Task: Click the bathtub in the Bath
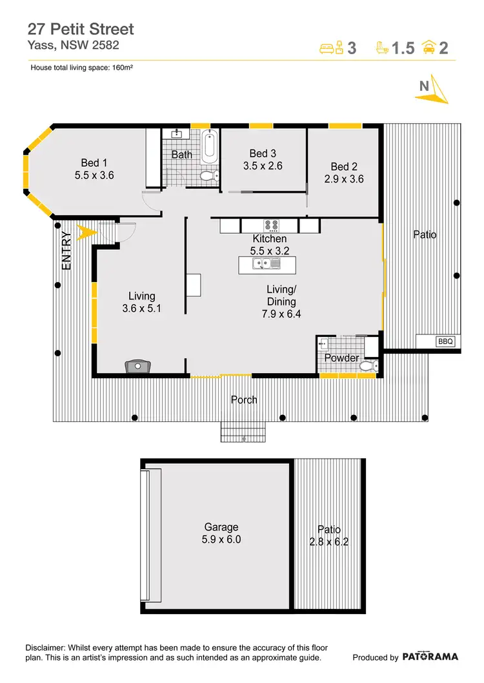click(x=209, y=146)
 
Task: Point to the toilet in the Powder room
click(x=368, y=366)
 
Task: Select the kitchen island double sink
click(x=267, y=264)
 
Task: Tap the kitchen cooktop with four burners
click(x=270, y=226)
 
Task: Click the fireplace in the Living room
click(x=137, y=367)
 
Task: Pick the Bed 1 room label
click(x=94, y=162)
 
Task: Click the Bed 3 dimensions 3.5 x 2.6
click(x=263, y=166)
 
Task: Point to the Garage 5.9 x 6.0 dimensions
click(x=222, y=539)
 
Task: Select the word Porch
click(x=244, y=400)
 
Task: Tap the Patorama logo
click(x=430, y=657)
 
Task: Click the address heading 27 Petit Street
click(x=81, y=29)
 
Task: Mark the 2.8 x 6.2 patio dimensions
click(x=328, y=542)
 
